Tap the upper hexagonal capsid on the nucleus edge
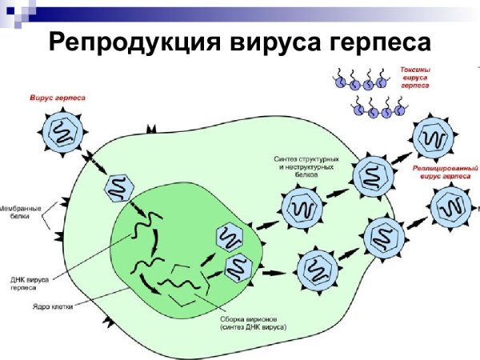[x=230, y=238]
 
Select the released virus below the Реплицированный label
[x=450, y=208]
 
